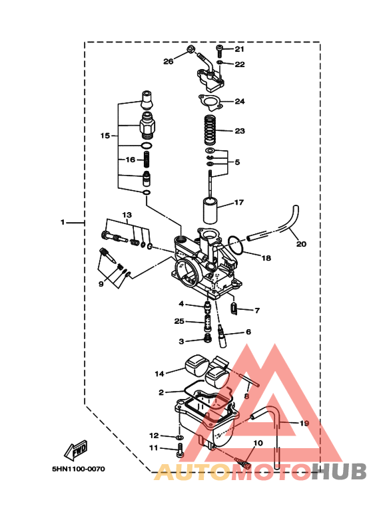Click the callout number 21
coord(240,49)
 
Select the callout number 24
coord(240,102)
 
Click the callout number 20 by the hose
coord(301,244)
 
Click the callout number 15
coord(105,136)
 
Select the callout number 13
coord(127,215)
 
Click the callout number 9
coord(101,284)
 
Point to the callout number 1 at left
coord(63,223)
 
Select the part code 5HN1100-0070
coord(78,469)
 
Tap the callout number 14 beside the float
coord(159,373)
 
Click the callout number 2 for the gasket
coord(161,392)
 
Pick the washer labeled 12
coord(180,436)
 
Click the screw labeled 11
coord(180,451)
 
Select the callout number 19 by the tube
coord(304,423)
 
